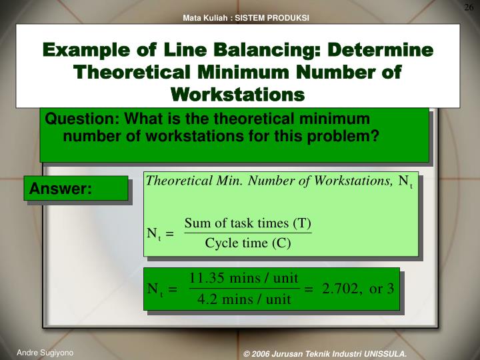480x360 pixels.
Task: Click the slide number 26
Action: coord(469,7)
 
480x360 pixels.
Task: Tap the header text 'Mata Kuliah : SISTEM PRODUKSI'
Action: coord(246,18)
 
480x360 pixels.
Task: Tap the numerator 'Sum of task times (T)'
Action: coord(248,223)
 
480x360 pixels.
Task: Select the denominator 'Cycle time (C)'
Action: coord(248,243)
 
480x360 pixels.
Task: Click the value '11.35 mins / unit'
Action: coord(244,278)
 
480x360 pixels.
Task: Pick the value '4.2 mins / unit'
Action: coord(244,299)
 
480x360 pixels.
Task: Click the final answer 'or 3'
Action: coord(382,289)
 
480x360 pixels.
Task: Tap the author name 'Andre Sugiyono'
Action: coord(45,351)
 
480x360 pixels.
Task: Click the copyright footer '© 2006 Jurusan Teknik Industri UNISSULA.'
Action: coord(325,353)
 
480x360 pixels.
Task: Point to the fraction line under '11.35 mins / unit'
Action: coord(244,289)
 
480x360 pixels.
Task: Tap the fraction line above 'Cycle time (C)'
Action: coord(248,233)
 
